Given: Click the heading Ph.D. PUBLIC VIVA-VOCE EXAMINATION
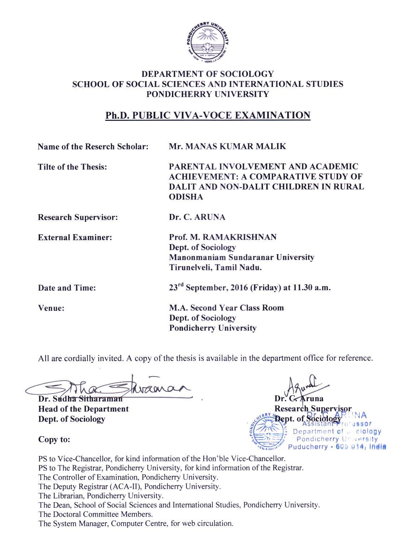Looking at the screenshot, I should (x=208, y=115).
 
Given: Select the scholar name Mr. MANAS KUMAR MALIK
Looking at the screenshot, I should (x=227, y=147).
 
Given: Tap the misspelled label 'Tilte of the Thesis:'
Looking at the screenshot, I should (x=72, y=167).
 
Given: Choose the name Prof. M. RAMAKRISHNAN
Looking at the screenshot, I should (x=223, y=237).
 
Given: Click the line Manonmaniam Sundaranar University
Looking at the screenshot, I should (x=242, y=258).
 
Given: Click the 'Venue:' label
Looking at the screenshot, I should (x=51, y=308).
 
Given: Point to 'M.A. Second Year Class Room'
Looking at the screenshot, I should (x=226, y=308).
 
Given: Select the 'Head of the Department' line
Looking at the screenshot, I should (x=83, y=409).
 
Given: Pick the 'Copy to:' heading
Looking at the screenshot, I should (x=54, y=440).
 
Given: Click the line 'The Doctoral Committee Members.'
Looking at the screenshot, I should (x=95, y=514).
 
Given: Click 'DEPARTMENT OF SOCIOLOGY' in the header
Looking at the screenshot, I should (x=208, y=74).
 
